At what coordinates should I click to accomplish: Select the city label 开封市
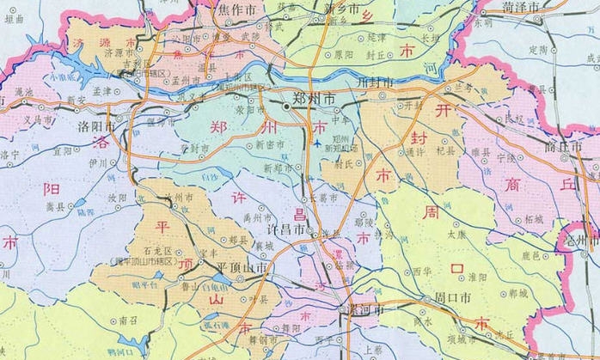(x=373, y=82)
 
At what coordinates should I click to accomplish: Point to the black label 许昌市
(x=285, y=232)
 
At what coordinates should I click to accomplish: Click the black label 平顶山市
(x=243, y=268)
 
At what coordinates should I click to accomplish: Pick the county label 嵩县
(x=56, y=206)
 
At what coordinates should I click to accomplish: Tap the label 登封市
(x=195, y=149)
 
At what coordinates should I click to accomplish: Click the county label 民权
(x=514, y=118)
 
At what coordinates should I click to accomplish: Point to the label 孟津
(x=102, y=88)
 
